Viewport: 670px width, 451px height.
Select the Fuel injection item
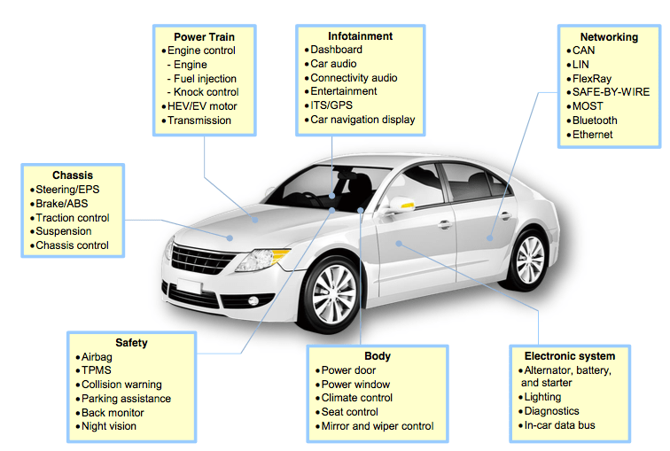[x=202, y=79]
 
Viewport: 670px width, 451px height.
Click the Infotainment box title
[x=360, y=36]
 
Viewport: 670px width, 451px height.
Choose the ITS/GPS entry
[x=332, y=105]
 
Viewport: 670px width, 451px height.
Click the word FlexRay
[x=591, y=79]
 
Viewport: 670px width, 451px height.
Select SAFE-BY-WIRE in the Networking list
[x=610, y=92]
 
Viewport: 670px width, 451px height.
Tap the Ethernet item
[x=592, y=135]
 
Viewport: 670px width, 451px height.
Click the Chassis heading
[x=73, y=175]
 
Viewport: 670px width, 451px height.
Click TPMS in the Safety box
[x=96, y=370]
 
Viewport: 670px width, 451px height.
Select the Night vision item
[x=109, y=427]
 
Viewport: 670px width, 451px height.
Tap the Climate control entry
[x=356, y=398]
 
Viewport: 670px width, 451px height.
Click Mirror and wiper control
[x=377, y=426]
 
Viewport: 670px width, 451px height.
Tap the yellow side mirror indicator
[x=407, y=206]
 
